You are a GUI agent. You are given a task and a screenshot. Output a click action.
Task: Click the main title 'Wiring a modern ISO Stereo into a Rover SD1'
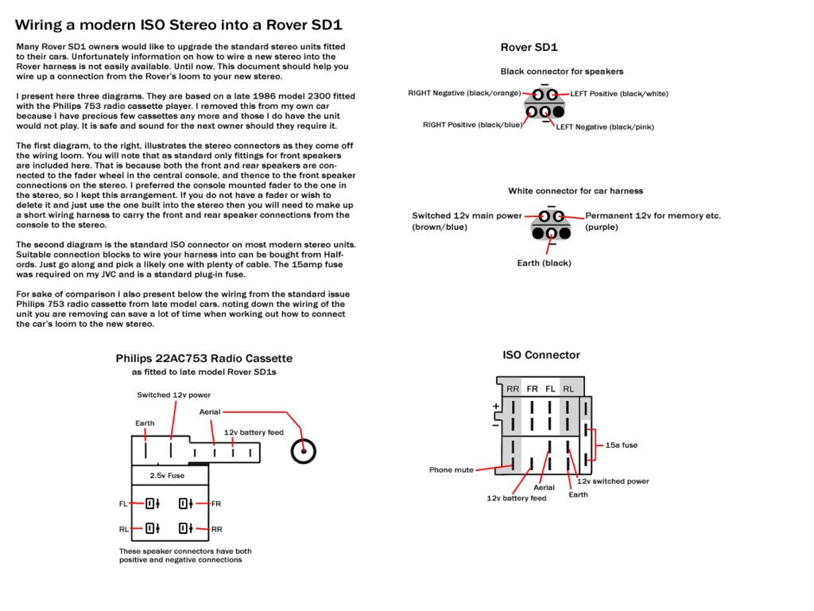(179, 25)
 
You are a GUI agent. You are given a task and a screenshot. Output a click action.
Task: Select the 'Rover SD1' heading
(529, 48)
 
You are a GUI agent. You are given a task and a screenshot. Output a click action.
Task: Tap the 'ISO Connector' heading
(541, 355)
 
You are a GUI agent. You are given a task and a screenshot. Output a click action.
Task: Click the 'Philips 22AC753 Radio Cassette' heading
(204, 359)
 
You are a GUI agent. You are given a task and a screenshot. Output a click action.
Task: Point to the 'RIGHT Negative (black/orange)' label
(464, 93)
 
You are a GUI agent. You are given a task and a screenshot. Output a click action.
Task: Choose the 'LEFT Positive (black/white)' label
(619, 94)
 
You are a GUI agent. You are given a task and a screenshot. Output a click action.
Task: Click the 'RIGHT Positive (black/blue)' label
(473, 125)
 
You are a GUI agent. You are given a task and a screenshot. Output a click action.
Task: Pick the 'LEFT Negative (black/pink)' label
(605, 127)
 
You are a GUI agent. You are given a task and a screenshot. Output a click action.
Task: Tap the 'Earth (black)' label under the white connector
(544, 263)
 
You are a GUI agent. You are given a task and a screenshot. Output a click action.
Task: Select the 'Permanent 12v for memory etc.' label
(653, 216)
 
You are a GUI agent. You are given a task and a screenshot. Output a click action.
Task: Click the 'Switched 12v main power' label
(467, 216)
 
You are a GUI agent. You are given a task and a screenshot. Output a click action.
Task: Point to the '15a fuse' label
(622, 446)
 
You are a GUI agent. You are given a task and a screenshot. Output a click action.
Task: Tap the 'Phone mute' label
(452, 470)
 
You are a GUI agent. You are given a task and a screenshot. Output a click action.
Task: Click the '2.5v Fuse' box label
(167, 476)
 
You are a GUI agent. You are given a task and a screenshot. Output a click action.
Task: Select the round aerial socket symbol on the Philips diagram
(303, 451)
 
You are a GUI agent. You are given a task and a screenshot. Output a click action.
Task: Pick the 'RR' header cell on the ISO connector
(513, 389)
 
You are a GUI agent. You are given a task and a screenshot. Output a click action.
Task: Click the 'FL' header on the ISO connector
(550, 389)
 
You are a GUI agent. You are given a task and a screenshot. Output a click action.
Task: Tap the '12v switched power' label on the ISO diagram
(613, 481)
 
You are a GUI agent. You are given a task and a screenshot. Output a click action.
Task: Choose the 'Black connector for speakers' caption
(562, 72)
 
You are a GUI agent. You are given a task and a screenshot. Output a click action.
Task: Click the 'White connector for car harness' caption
(576, 191)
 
